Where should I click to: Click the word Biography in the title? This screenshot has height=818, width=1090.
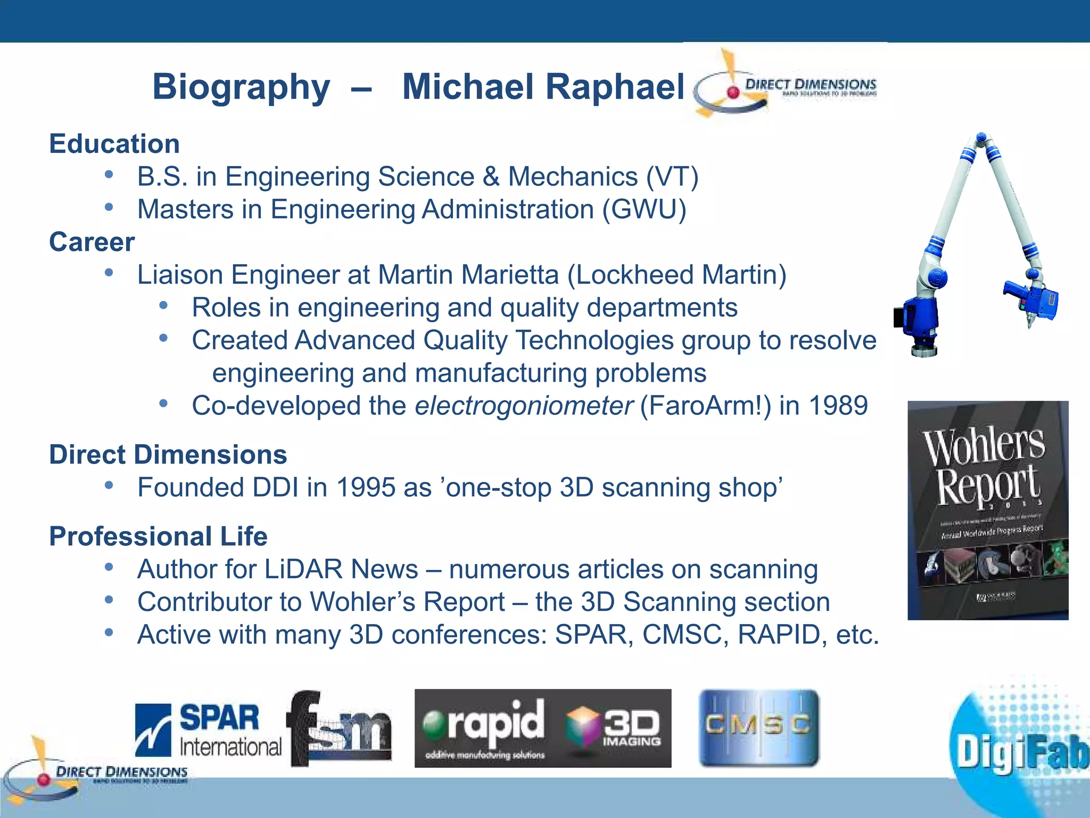pyautogui.click(x=241, y=87)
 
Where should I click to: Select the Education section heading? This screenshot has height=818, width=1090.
pyautogui.click(x=114, y=144)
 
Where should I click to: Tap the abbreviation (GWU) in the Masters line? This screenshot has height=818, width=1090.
pyautogui.click(x=644, y=209)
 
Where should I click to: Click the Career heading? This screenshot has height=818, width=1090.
pyautogui.click(x=92, y=242)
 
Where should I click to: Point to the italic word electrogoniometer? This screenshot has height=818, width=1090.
pyautogui.click(x=524, y=406)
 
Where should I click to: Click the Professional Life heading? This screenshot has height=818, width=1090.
pyautogui.click(x=158, y=536)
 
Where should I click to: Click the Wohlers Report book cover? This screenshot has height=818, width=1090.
pyautogui.click(x=988, y=510)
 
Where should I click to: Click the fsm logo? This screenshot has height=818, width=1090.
pyautogui.click(x=339, y=729)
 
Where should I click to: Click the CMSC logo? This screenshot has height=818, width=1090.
pyautogui.click(x=758, y=728)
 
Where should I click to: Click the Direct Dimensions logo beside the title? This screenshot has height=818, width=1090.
pyautogui.click(x=786, y=85)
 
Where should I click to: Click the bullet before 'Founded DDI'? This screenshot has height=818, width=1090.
pyautogui.click(x=109, y=485)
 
